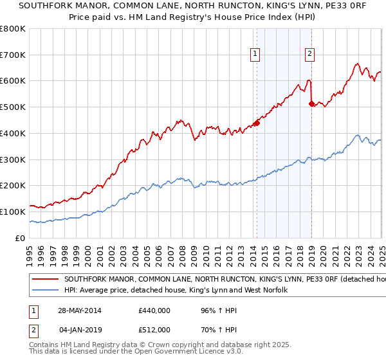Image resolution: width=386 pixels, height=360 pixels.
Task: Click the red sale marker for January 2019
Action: coord(311,103)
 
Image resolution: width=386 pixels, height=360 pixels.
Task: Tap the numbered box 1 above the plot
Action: coord(256,55)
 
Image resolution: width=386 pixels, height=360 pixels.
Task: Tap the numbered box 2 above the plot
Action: coord(310,55)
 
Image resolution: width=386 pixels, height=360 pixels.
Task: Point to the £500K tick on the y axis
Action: coord(13,107)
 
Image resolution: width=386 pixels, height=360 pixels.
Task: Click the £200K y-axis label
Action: coord(13,185)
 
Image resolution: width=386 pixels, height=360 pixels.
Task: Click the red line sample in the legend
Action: coord(46,280)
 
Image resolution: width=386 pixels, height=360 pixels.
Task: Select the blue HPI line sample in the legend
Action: coord(46,291)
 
